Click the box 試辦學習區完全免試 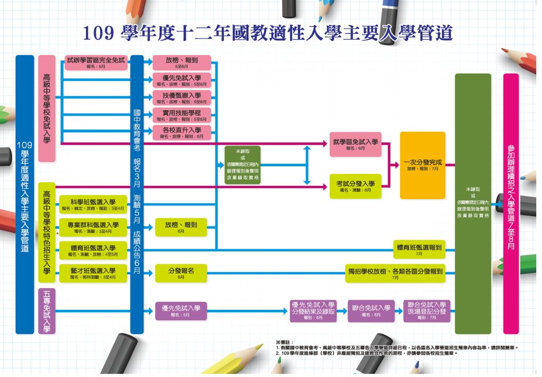coord(96,62)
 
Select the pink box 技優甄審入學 coord(181,97)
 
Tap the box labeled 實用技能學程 coord(181,115)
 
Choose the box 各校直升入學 coord(181,132)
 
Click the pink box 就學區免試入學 coord(355,144)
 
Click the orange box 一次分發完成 coord(422,165)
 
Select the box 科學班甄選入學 coord(93,204)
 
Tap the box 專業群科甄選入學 coord(93,227)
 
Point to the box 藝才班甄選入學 coord(93,272)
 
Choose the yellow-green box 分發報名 coord(181,272)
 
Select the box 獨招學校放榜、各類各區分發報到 coord(395,272)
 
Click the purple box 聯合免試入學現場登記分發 coord(426,311)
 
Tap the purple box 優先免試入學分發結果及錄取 coord(313,311)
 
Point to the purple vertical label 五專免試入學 coord(47,311)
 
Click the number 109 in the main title coord(98,33)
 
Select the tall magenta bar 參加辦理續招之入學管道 coord(511,203)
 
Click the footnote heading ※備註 coord(285,343)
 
